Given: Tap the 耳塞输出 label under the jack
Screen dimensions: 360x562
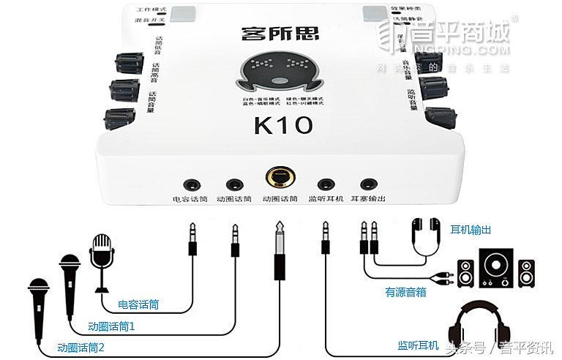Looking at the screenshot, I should click(x=367, y=199).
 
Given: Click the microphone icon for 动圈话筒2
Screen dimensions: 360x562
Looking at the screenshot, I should click(x=38, y=299).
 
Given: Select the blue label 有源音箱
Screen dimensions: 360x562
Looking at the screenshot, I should click(x=406, y=292).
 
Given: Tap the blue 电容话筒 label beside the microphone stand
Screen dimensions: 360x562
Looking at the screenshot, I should click(x=138, y=304).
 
